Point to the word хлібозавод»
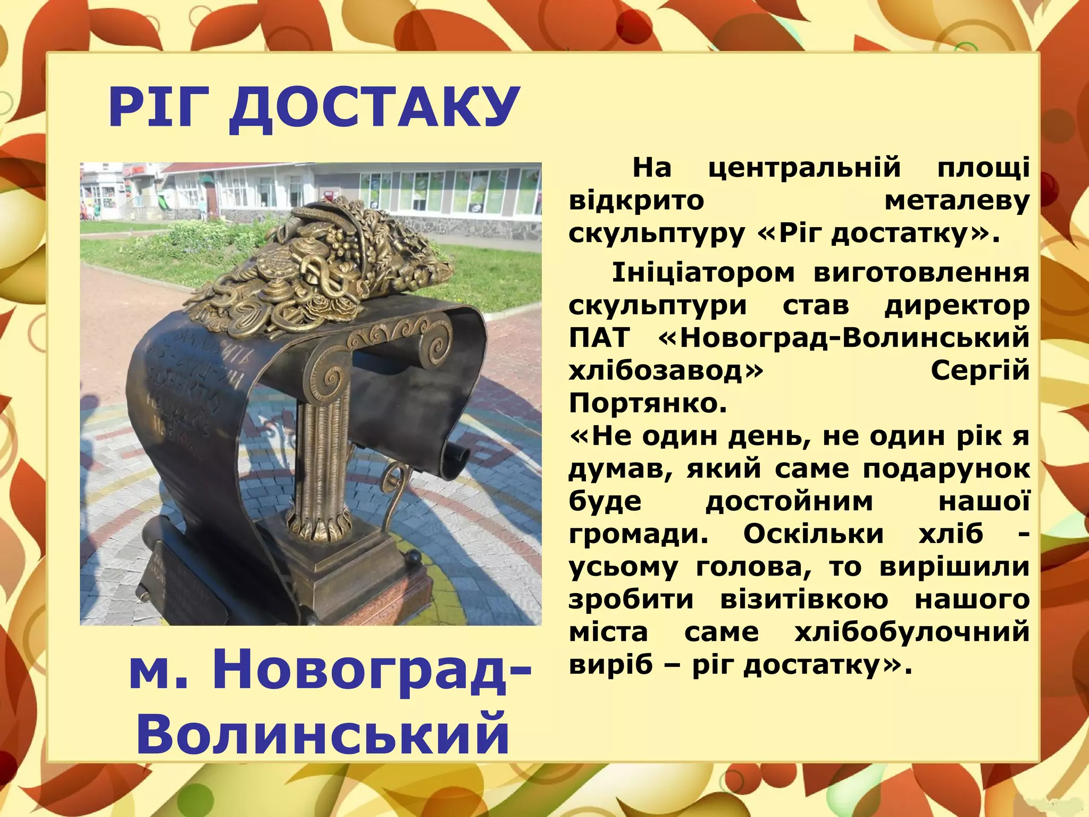point(665,371)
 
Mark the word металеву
point(957,201)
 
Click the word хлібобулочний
point(911,632)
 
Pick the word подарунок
point(946,469)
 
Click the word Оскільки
point(813,534)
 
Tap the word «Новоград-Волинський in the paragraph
point(843,338)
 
